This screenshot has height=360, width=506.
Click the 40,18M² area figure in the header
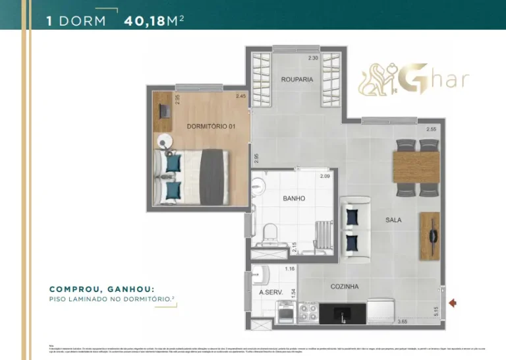pos(154,20)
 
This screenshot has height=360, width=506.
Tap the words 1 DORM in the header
pos(76,20)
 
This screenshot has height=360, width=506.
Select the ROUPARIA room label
pos(296,79)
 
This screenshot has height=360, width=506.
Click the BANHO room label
pos(294,198)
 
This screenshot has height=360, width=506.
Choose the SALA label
pos(393,220)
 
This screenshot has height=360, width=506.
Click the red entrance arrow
pos(453,303)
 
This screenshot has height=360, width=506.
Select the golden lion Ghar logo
pos(413,80)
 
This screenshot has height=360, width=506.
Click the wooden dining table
pos(416,167)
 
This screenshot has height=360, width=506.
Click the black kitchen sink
pos(342,313)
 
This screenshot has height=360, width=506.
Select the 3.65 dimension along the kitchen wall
pos(403,322)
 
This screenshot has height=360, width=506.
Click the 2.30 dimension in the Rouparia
pos(313,58)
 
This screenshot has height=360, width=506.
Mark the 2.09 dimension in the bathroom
pos(325,176)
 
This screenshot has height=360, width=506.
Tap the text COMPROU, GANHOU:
pos(102,289)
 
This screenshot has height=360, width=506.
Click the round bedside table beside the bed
pos(164,142)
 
